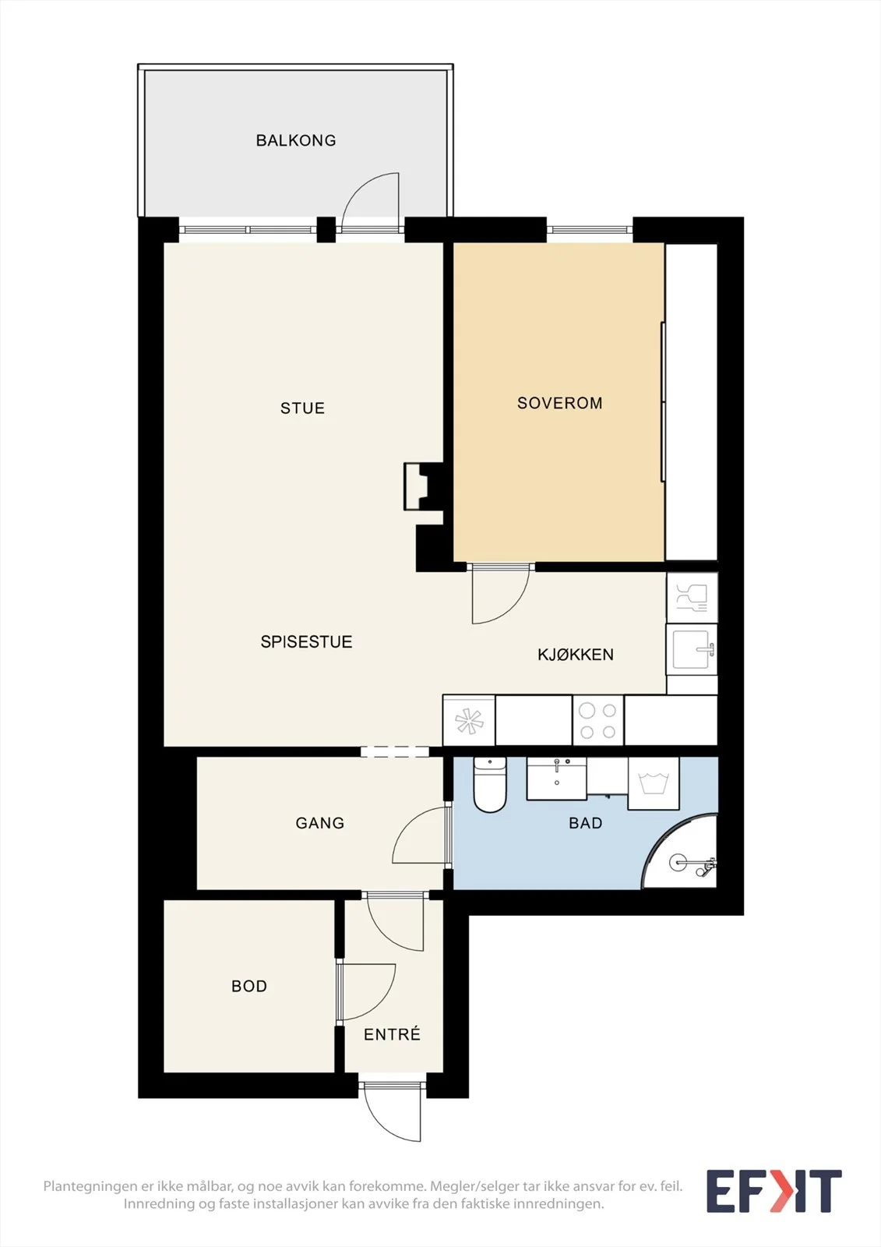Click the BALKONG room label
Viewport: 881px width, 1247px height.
pyautogui.click(x=295, y=140)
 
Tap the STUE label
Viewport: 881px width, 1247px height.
pyautogui.click(x=302, y=408)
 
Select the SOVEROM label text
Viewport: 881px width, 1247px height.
pyautogui.click(x=559, y=403)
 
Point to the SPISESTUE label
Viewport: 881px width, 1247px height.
pyautogui.click(x=306, y=642)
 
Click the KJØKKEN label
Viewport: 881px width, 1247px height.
pyautogui.click(x=576, y=654)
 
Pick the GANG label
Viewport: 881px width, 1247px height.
pyautogui.click(x=319, y=823)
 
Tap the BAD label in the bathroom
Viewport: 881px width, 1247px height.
pyautogui.click(x=586, y=823)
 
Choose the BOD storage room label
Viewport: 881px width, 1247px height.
pyautogui.click(x=248, y=987)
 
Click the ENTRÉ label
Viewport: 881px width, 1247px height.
pyautogui.click(x=392, y=1034)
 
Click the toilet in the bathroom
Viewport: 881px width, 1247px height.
pyautogui.click(x=489, y=784)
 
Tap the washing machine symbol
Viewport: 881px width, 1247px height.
pyautogui.click(x=654, y=783)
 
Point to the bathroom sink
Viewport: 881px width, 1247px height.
pyautogui.click(x=556, y=778)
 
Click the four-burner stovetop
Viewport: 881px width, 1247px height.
pyautogui.click(x=598, y=721)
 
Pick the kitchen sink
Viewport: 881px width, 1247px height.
pyautogui.click(x=692, y=649)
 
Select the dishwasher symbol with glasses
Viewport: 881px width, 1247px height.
pyautogui.click(x=692, y=597)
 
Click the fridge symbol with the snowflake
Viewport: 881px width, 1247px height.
pyautogui.click(x=469, y=721)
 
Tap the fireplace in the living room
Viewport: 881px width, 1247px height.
pyautogui.click(x=423, y=486)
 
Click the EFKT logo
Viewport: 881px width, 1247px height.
pyautogui.click(x=774, y=1191)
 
